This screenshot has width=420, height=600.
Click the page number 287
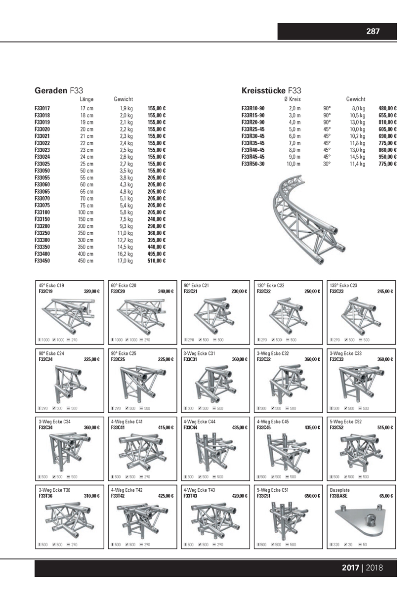point(373,32)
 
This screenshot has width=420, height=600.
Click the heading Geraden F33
point(58,91)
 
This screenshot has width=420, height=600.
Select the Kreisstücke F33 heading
point(271,91)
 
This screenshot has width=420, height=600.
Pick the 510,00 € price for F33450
point(156,260)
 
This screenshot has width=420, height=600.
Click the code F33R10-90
point(253,108)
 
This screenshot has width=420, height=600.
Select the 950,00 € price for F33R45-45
point(388,157)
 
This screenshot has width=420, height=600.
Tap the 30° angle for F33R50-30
point(327,164)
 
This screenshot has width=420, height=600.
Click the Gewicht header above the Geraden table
point(124,99)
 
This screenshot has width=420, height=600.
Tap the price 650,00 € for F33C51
point(312,496)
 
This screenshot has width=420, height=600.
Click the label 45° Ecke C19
point(51,286)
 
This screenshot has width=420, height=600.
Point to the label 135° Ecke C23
point(343,286)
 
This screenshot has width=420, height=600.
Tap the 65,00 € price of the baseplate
point(386,496)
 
